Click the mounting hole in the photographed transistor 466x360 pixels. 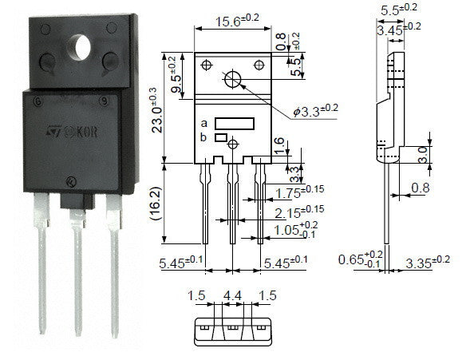tap(80, 48)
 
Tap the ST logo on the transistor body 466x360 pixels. tap(54, 132)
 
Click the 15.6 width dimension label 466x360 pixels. tap(237, 21)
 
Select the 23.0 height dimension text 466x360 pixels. tap(157, 110)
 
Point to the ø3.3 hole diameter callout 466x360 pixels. tap(316, 111)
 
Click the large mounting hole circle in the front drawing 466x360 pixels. tap(233, 79)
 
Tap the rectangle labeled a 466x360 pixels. tap(235, 124)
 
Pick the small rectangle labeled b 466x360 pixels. tap(221, 137)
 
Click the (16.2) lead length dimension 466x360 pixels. tap(156, 204)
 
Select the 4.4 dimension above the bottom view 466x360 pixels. tap(232, 295)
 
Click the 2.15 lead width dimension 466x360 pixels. tap(299, 212)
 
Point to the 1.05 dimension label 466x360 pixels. tap(295, 230)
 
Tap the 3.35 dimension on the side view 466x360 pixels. tap(428, 262)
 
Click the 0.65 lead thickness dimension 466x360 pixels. tap(361, 259)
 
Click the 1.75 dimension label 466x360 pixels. tap(299, 192)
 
